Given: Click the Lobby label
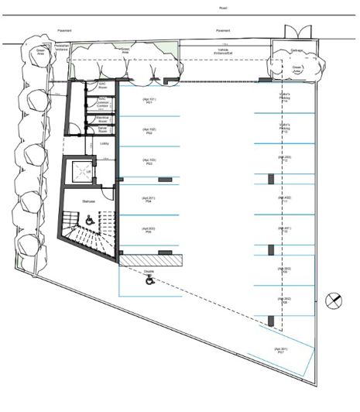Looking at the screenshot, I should (x=104, y=143).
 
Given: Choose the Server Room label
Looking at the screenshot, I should (x=101, y=130).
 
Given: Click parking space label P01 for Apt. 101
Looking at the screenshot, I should (x=149, y=101).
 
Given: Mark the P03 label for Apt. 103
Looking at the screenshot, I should (x=149, y=162).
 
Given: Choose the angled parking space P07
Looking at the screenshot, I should (x=282, y=351).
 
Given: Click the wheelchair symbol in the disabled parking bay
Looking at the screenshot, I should (x=149, y=282).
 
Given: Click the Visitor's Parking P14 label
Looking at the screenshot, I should (x=284, y=100).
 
